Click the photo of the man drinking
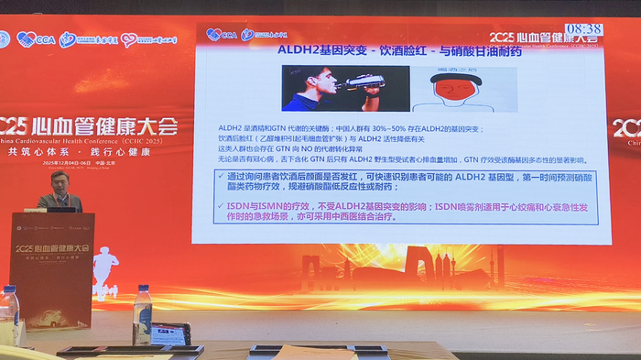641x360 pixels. (334, 88)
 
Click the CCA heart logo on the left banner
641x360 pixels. (34, 39)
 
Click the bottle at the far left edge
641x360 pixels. (8, 316)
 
